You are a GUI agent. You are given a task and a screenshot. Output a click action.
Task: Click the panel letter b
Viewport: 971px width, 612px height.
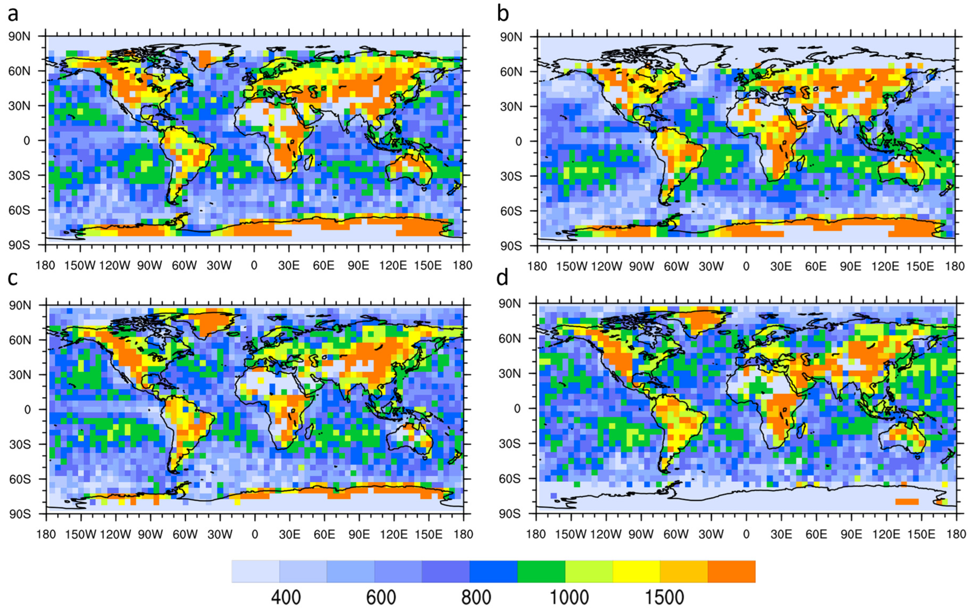pyautogui.click(x=503, y=14)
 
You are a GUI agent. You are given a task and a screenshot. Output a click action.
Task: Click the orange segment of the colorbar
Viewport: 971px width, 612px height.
pyautogui.click(x=731, y=571)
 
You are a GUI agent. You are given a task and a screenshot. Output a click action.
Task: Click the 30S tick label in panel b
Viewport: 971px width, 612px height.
pyautogui.click(x=511, y=176)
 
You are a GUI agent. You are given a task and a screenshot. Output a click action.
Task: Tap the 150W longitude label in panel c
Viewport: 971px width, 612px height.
pyautogui.click(x=81, y=535)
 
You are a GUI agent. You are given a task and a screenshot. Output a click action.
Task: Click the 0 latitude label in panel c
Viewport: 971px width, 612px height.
pyautogui.click(x=27, y=410)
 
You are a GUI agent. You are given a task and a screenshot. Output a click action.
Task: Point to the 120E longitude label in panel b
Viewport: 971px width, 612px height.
pyautogui.click(x=886, y=267)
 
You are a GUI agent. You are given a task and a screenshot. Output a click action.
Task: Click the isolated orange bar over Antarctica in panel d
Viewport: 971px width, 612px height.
pyautogui.click(x=906, y=501)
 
